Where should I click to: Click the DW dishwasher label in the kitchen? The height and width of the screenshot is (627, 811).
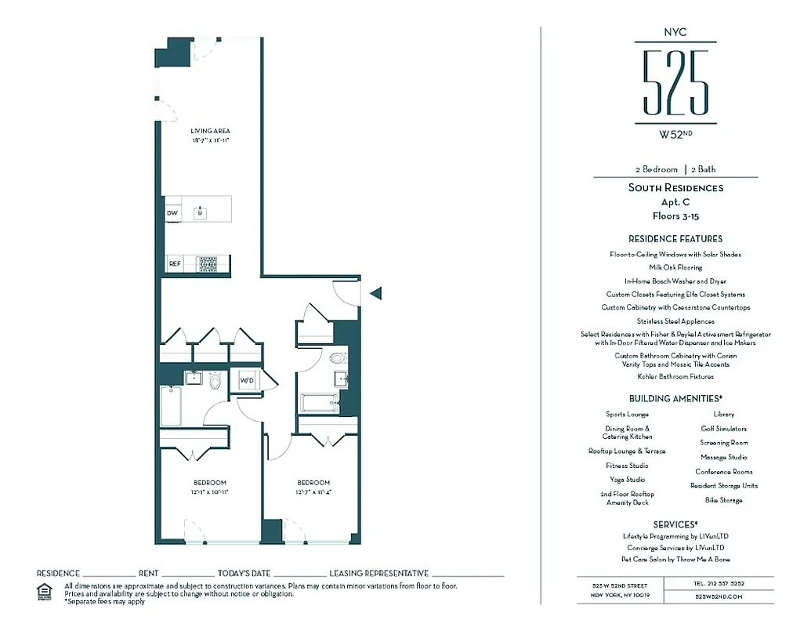click(172, 212)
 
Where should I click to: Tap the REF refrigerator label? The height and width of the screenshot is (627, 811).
click(175, 264)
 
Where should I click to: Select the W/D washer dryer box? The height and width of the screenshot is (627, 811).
click(247, 381)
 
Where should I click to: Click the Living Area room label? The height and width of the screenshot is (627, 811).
click(210, 131)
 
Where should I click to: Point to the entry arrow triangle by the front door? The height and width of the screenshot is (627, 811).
click(375, 294)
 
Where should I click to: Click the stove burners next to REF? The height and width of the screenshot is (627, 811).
click(208, 264)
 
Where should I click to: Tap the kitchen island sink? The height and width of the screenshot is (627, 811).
click(201, 212)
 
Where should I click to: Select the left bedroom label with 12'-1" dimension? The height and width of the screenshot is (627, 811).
click(210, 482)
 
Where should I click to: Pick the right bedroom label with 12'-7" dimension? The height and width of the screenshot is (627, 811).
click(313, 482)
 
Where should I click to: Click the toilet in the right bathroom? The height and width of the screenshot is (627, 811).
click(338, 360)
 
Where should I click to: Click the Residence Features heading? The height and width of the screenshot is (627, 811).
click(675, 238)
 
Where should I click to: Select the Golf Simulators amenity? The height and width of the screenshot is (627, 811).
click(723, 429)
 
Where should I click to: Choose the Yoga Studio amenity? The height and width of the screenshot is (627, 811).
click(627, 479)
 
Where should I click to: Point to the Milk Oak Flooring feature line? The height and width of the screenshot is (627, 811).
click(675, 267)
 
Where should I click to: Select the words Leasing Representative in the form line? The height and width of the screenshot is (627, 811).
click(378, 574)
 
